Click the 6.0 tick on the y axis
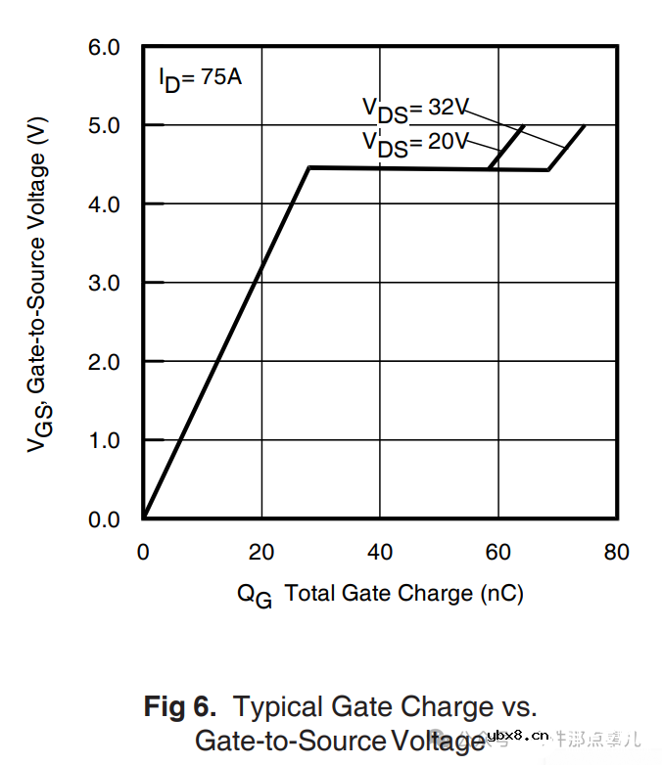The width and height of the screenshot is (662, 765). (105, 47)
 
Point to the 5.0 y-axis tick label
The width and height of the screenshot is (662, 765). (105, 125)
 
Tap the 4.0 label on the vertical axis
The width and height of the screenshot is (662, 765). (105, 203)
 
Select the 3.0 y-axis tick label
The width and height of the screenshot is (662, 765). (105, 283)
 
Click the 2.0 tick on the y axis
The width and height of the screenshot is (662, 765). (105, 362)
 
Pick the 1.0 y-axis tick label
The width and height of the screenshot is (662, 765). (105, 440)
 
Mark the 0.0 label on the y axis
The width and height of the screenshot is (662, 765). (105, 519)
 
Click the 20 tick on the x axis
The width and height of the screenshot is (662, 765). (261, 553)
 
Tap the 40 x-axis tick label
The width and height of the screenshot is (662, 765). (380, 553)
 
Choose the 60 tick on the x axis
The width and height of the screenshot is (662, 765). (497, 553)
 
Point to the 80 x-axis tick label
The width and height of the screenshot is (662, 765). (616, 553)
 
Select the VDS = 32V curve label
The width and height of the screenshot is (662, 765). (416, 109)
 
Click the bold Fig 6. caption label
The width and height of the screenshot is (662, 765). (180, 706)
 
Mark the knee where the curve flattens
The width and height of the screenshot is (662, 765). (308, 168)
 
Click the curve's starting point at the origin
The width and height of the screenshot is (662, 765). (144, 517)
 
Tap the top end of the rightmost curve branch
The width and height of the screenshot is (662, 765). (585, 126)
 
